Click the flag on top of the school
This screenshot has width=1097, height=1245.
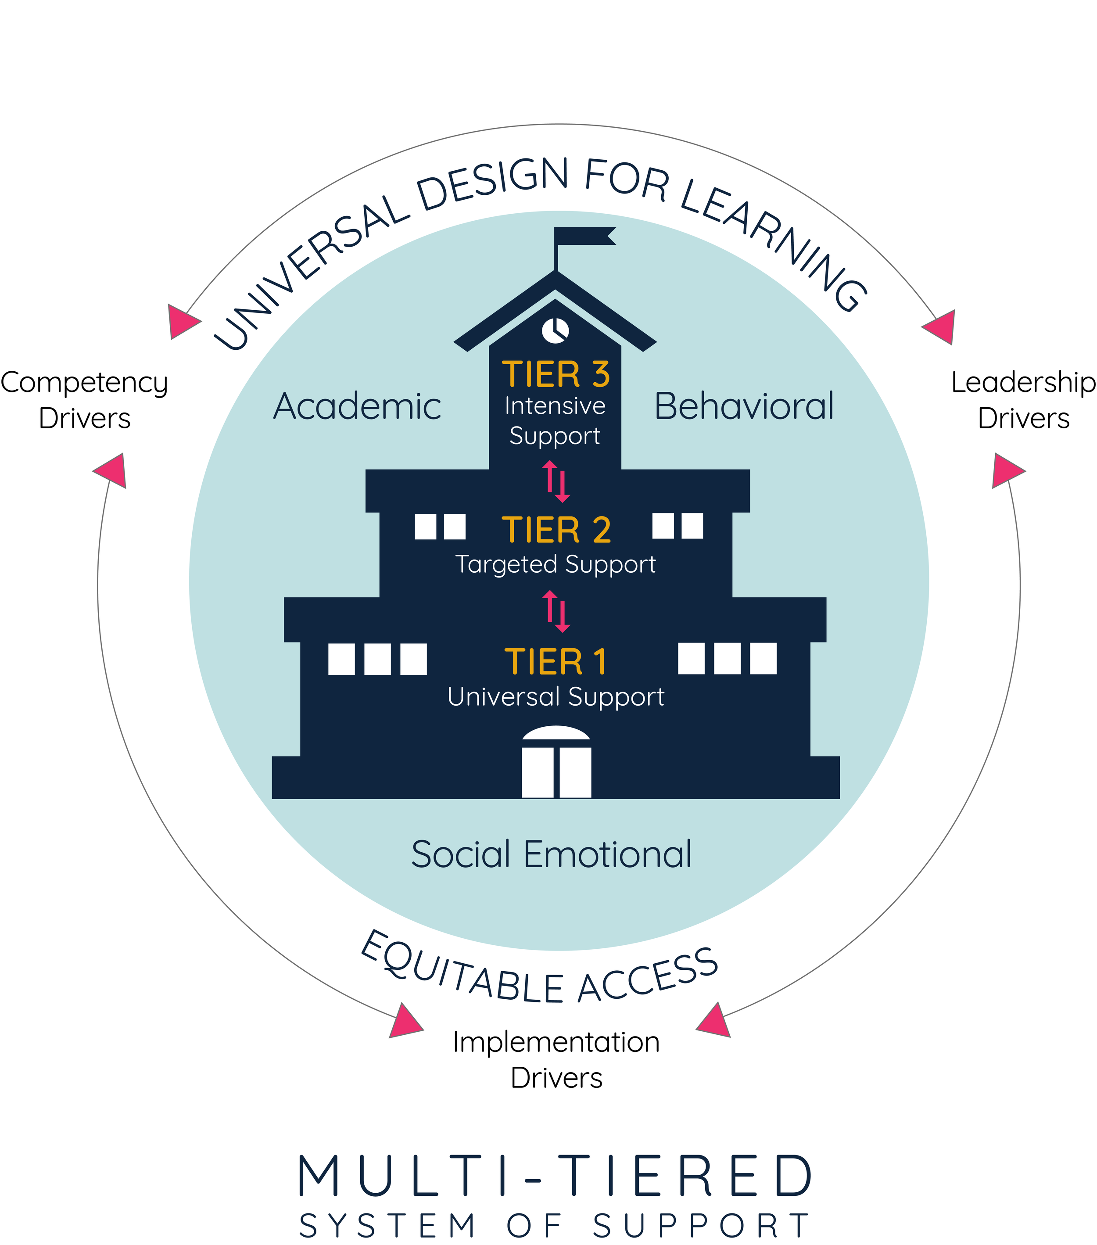click(x=584, y=237)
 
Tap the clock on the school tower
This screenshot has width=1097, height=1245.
click(x=555, y=330)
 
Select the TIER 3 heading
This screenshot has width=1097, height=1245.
click(x=555, y=374)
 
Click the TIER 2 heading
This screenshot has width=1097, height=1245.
click(x=556, y=530)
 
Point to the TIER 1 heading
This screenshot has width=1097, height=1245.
click(x=556, y=661)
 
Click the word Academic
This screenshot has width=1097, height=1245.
click(x=357, y=407)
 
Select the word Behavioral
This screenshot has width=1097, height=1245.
click(x=744, y=407)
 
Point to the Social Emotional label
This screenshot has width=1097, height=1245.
click(x=551, y=854)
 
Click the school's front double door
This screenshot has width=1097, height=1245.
click(x=556, y=771)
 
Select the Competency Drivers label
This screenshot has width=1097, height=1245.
click(x=84, y=400)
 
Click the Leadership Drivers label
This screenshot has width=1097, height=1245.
click(x=1023, y=400)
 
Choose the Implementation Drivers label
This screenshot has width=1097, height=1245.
click(x=556, y=1060)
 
